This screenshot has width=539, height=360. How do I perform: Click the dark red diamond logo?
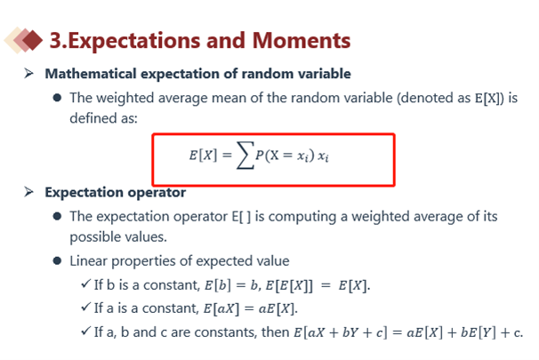coord(32,41)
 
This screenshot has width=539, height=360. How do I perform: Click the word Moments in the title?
coord(302,41)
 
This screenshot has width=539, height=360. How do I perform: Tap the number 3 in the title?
coord(56,41)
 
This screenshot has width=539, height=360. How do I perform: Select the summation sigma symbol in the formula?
coord(245,156)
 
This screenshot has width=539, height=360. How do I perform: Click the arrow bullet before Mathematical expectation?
coord(28,74)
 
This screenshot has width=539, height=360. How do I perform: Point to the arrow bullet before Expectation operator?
coord(28,192)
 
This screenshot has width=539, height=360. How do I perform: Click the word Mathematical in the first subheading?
coord(91,74)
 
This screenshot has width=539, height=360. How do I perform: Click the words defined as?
coord(103,118)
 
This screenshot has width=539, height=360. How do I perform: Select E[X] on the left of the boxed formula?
coord(203,156)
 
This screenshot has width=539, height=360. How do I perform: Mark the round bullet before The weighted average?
coord(57,98)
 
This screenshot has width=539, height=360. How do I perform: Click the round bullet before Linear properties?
coord(57,261)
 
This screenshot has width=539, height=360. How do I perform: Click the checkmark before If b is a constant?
coord(85,284)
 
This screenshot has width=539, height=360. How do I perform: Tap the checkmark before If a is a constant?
coord(85,307)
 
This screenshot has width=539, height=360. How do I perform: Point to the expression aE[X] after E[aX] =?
coord(278,308)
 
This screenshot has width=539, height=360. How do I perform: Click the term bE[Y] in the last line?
coord(479,332)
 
